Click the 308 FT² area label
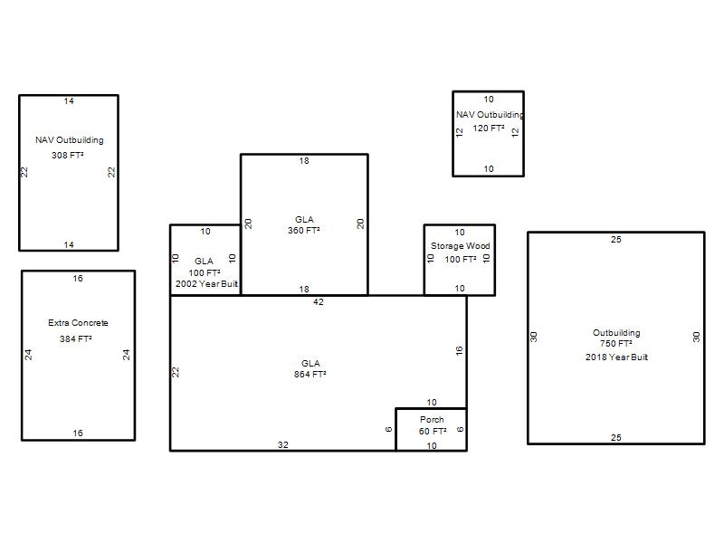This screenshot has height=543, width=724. pyautogui.click(x=67, y=155)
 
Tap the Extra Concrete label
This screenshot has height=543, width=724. pyautogui.click(x=78, y=323)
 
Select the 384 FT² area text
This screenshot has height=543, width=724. pyautogui.click(x=76, y=338)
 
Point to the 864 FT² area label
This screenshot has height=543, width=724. pyautogui.click(x=310, y=375)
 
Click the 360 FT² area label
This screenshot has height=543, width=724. pyautogui.click(x=304, y=231)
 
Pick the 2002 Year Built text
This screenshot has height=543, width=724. pyautogui.click(x=206, y=284)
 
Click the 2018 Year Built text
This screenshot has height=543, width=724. pyautogui.click(x=616, y=357)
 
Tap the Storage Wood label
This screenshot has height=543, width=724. pyautogui.click(x=461, y=246)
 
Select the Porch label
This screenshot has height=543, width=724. pyautogui.click(x=432, y=420)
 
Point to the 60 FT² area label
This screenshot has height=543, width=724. pyautogui.click(x=433, y=432)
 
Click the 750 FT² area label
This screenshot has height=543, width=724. pyautogui.click(x=616, y=344)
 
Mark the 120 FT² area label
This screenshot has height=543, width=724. pyautogui.click(x=489, y=129)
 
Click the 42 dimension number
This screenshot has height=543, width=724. pyautogui.click(x=319, y=302)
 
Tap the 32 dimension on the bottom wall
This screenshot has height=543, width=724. pyautogui.click(x=283, y=444)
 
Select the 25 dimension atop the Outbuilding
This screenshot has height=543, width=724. pyautogui.click(x=616, y=240)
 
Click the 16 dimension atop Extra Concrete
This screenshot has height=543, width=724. pyautogui.click(x=78, y=279)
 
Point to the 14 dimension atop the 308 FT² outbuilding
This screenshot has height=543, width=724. pyautogui.click(x=69, y=101)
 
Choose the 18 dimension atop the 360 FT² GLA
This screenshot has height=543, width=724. pyautogui.click(x=304, y=161)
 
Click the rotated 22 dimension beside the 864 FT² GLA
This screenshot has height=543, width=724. pyautogui.click(x=176, y=372)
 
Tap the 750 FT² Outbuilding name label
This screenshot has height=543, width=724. pyautogui.click(x=616, y=332)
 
